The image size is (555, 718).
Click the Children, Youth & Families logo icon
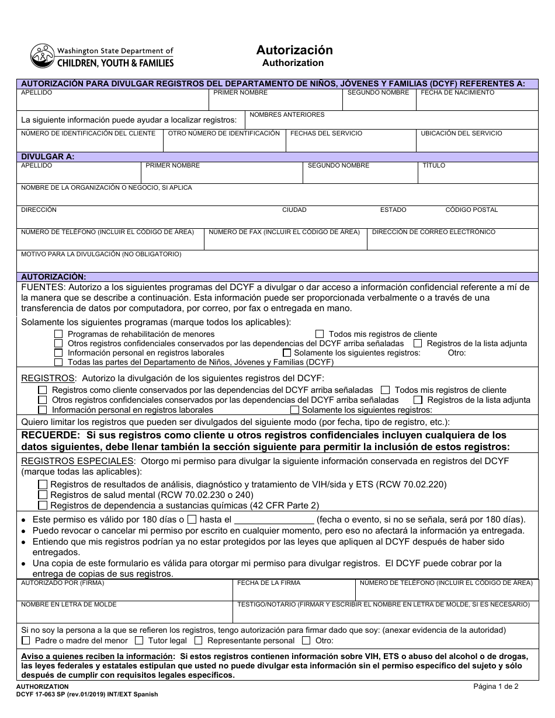(x=41, y=56)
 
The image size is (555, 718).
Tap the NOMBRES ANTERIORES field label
(x=287, y=115)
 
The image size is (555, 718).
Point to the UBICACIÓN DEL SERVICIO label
(x=461, y=134)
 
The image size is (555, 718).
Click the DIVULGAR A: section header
(x=47, y=157)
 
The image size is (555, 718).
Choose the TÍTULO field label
(x=433, y=166)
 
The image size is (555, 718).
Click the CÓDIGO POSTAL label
(x=471, y=210)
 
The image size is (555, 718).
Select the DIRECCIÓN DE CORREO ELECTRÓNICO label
(x=433, y=232)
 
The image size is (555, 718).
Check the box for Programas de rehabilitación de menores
(x=58, y=334)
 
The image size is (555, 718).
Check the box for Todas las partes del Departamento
(x=58, y=363)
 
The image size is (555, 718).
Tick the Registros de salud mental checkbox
(x=43, y=495)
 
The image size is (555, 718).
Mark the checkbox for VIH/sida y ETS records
(x=43, y=485)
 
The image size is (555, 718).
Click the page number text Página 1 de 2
(x=495, y=686)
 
